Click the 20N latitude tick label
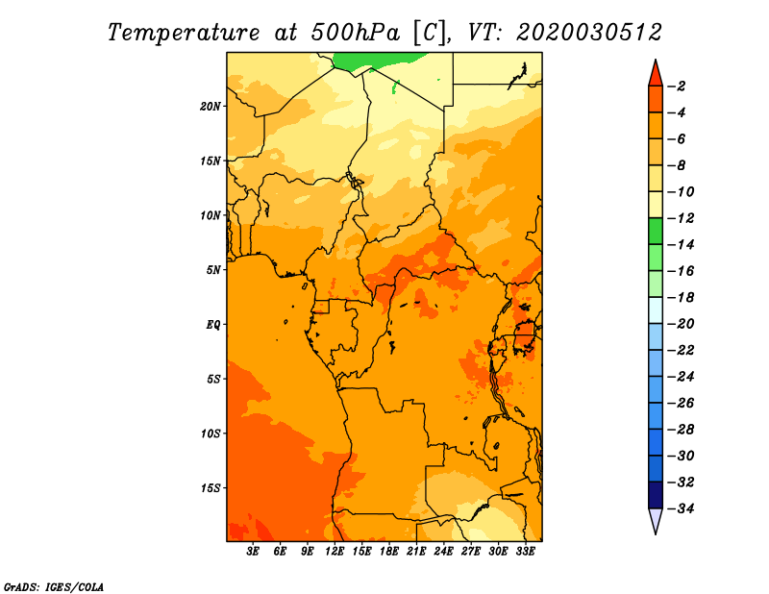[211, 107]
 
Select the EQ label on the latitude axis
[213, 325]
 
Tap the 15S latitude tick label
[211, 488]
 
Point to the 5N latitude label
[213, 270]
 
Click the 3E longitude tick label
[253, 552]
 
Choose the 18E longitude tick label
[389, 552]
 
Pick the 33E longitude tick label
[525, 552]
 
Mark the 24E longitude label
[443, 552]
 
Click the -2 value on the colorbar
[680, 87]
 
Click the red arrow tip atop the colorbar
[656, 60]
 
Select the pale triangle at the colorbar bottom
[656, 521]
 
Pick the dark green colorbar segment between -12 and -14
[656, 232]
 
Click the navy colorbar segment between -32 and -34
[656, 495]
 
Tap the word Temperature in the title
[184, 34]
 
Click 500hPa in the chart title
[355, 33]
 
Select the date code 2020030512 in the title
[588, 33]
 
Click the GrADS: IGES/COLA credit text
[54, 586]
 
